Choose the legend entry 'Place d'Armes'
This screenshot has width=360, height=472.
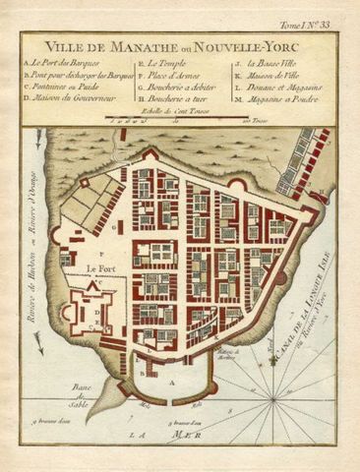click(171, 74)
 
